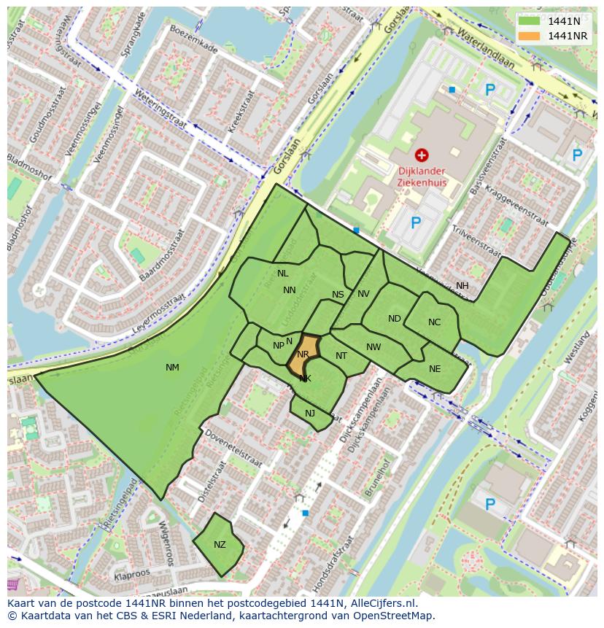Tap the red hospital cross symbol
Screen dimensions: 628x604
[421, 155]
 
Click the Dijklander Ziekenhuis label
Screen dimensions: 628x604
[422, 177]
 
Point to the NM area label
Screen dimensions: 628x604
[172, 367]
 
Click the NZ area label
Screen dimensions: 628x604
[220, 544]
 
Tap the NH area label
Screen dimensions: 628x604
[462, 285]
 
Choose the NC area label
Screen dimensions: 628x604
[434, 322]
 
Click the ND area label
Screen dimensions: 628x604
[394, 318]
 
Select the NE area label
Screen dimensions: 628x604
[435, 368]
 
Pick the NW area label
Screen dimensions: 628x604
[373, 346]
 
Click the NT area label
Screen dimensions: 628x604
[341, 355]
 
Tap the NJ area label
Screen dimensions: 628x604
[310, 413]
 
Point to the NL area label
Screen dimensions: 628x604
[283, 273]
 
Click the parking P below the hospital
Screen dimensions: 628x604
[416, 223]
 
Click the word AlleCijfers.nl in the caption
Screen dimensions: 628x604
[382, 603]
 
